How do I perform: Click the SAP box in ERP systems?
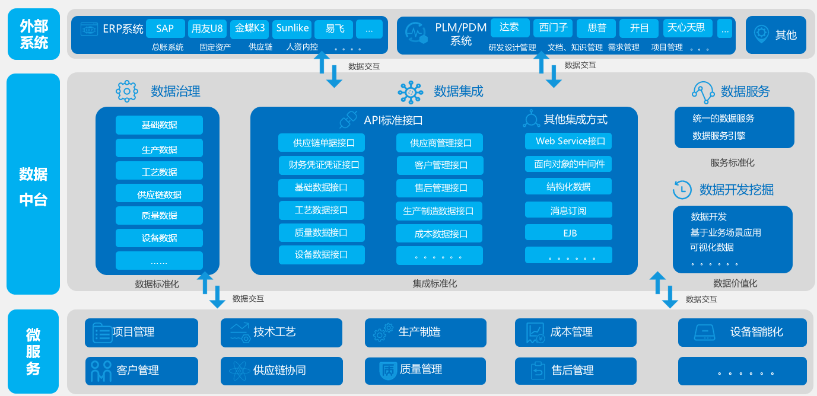pos(165,28)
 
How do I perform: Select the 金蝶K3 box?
pos(250,28)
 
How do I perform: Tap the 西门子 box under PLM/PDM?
pos(554,28)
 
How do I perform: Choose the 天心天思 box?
pos(686,28)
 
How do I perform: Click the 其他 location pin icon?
pos(761,34)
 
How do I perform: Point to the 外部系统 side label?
pos(33,34)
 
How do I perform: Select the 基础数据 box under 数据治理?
pos(159,125)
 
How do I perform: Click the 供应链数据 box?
pos(159,194)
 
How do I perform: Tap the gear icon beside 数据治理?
pos(127,91)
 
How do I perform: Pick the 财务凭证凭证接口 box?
pos(321,165)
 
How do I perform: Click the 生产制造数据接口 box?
pos(439,211)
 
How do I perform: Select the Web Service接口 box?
pos(568,141)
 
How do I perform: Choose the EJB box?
pos(568,233)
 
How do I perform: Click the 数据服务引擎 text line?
pos(719,136)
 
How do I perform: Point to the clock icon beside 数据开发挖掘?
pos(682,190)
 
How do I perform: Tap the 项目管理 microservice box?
pos(141,333)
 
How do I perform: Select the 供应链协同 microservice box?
pos(281,371)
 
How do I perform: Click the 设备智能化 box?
pos(742,333)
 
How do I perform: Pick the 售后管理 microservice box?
pos(576,371)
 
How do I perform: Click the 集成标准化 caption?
pos(435,283)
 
